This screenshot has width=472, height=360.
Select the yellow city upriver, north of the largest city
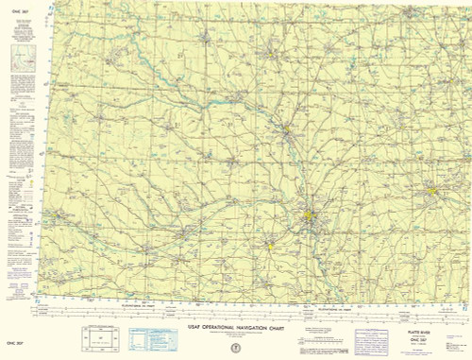[x=285, y=129]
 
